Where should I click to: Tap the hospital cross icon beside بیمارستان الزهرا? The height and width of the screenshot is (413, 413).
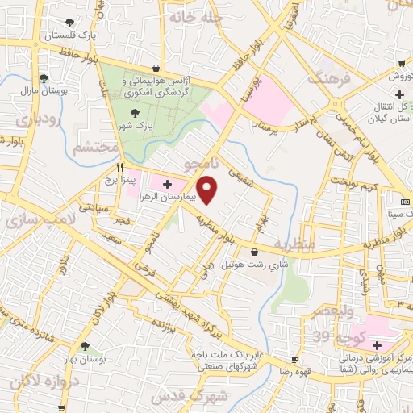168,185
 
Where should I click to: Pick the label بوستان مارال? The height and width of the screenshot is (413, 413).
44,92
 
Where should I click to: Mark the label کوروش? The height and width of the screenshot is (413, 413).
402,77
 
